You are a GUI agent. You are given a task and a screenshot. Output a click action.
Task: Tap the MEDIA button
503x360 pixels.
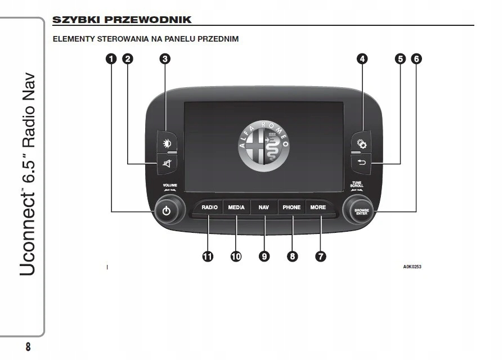click(x=236, y=208)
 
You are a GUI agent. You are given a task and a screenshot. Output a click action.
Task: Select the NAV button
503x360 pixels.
click(x=264, y=208)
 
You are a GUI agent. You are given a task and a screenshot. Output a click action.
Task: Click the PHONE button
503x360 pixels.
click(x=291, y=208)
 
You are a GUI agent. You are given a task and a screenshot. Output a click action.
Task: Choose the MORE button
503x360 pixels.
click(x=318, y=208)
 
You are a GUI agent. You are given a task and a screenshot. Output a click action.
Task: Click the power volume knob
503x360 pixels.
click(x=166, y=211)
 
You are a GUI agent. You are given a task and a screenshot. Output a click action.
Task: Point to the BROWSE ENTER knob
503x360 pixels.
click(x=361, y=212)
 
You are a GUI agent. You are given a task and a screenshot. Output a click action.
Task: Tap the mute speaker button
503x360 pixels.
click(x=167, y=164)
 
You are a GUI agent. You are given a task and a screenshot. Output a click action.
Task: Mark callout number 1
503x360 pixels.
click(x=112, y=58)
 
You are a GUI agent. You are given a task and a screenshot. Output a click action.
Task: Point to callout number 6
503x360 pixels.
click(x=416, y=58)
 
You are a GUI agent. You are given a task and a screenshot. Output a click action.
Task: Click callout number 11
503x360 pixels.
click(x=208, y=256)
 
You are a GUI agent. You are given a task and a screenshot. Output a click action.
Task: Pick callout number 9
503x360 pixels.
click(x=264, y=256)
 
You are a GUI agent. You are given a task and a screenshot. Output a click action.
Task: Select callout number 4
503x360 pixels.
click(x=363, y=58)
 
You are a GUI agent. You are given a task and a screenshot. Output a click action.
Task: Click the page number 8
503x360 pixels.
click(x=28, y=346)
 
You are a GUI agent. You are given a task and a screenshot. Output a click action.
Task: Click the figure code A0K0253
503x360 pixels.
click(x=412, y=267)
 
